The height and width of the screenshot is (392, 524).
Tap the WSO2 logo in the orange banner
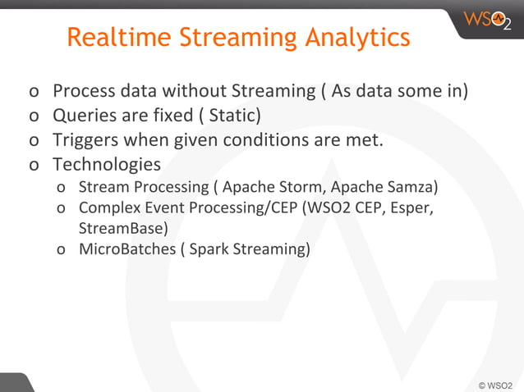pyautogui.click(x=486, y=19)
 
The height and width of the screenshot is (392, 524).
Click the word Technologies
pyautogui.click(x=107, y=164)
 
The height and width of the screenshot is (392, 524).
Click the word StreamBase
pyautogui.click(x=122, y=227)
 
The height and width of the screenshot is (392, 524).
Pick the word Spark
pyautogui.click(x=207, y=248)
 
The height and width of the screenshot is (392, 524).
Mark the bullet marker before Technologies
pyautogui.click(x=33, y=165)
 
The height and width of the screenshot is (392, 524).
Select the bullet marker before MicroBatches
pyautogui.click(x=62, y=249)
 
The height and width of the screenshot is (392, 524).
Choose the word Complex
pyautogui.click(x=108, y=207)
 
